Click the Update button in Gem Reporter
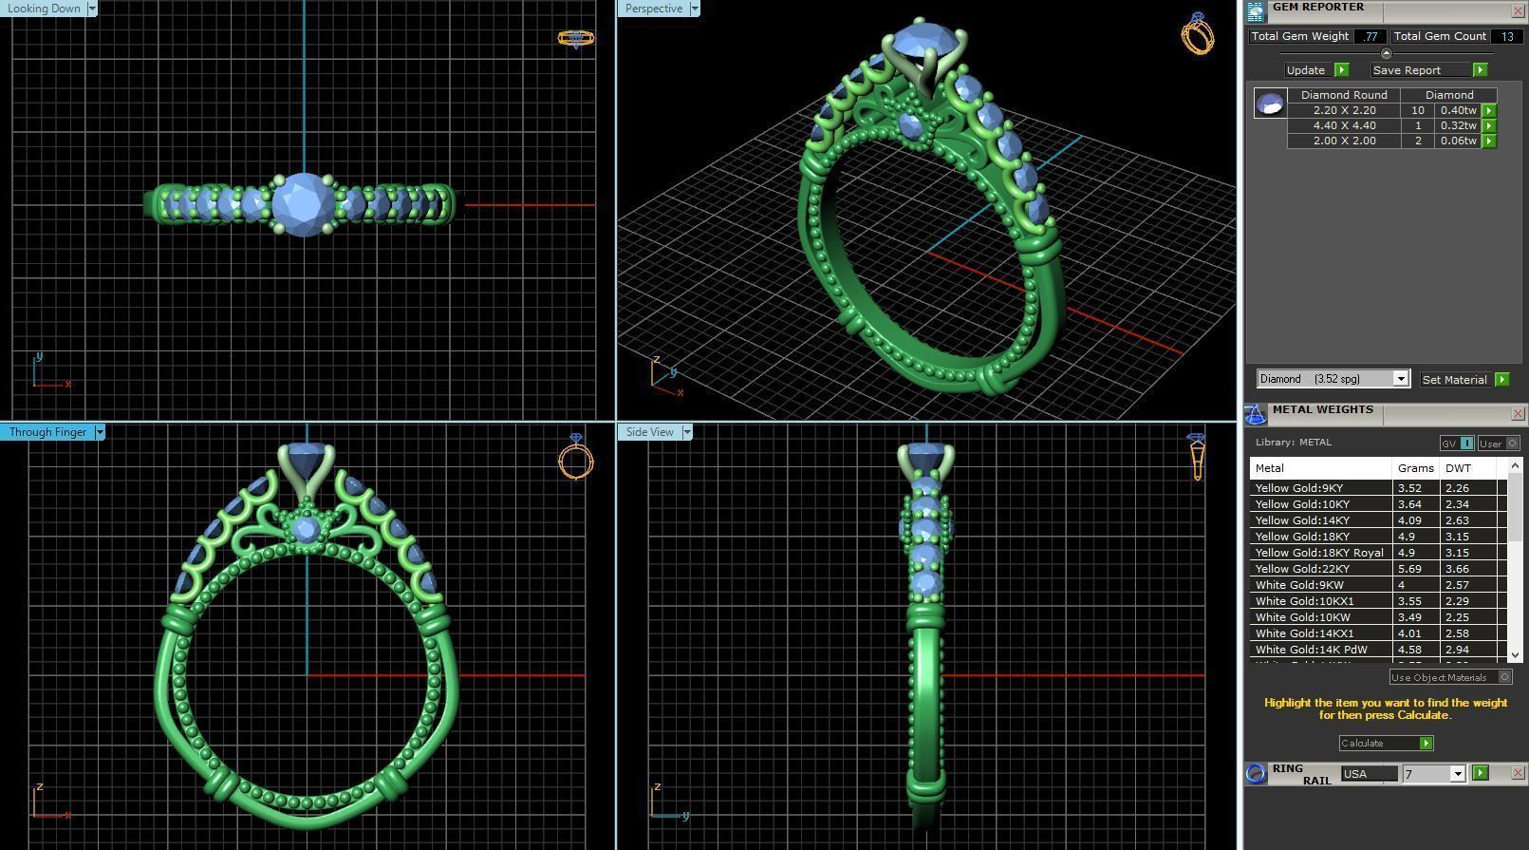tap(1306, 70)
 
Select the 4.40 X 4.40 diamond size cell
tap(1344, 125)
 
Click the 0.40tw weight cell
tap(1458, 110)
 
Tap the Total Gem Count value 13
tap(1507, 36)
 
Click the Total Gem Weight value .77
tap(1370, 36)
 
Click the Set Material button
tap(1454, 379)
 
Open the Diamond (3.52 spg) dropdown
tap(1399, 379)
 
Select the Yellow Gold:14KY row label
tap(1302, 520)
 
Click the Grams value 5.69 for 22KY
tap(1409, 569)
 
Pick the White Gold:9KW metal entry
tap(1299, 585)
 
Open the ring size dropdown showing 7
tap(1457, 774)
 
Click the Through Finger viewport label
tap(47, 432)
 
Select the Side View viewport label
tap(649, 432)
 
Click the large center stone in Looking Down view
tap(304, 203)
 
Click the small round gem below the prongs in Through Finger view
tap(306, 530)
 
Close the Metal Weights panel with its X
tap(1517, 413)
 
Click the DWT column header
tap(1457, 468)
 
